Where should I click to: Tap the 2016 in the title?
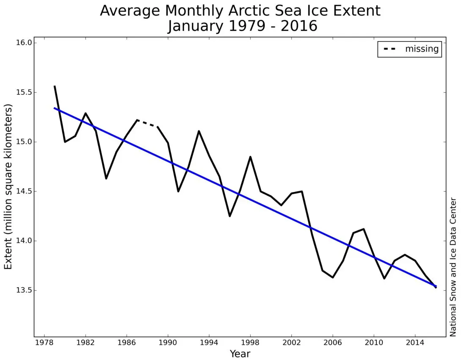[301, 26]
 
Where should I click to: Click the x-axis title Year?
[240, 353]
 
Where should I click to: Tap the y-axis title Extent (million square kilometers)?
[8, 186]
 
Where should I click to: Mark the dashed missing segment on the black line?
[147, 123]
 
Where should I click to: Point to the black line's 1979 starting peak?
[55, 86]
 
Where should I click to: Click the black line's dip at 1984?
[106, 178]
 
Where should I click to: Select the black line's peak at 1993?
[199, 131]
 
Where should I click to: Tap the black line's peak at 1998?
[250, 157]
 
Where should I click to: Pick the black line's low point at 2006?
[333, 277]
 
